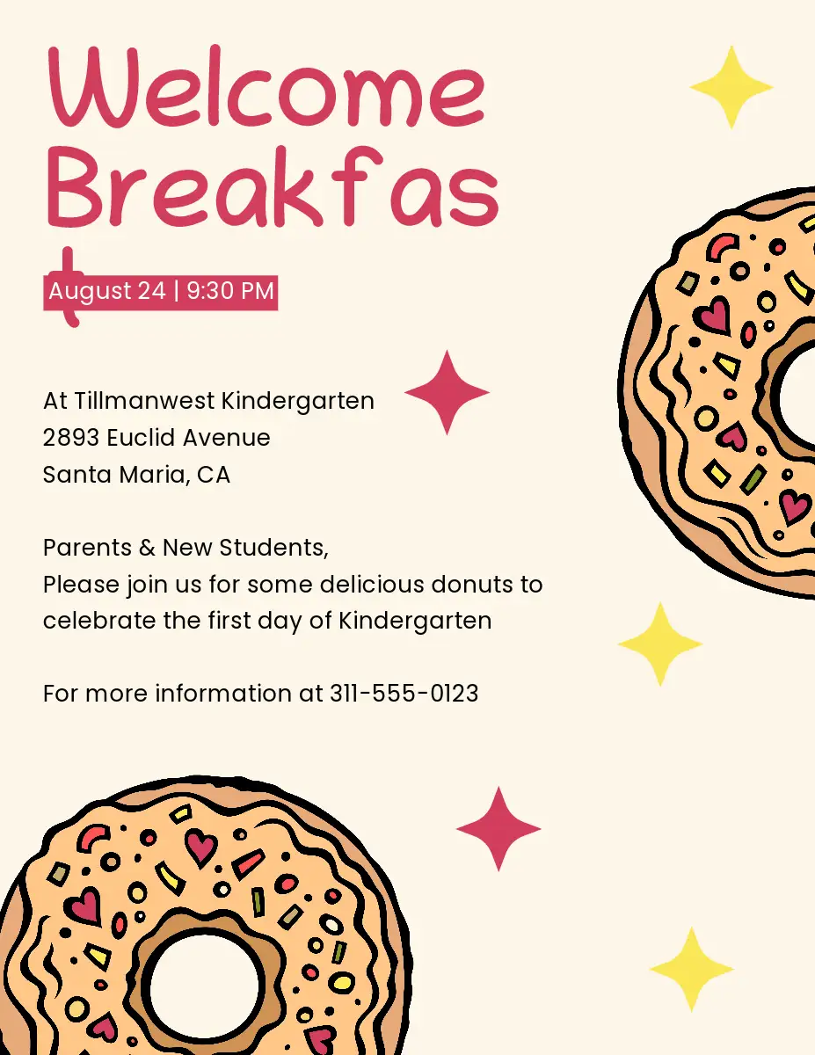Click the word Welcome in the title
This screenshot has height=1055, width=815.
click(x=266, y=86)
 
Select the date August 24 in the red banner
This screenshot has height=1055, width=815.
click(x=107, y=291)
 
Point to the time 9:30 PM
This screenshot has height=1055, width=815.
click(x=230, y=290)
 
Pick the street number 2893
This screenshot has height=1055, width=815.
click(x=71, y=438)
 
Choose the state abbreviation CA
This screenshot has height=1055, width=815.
click(x=214, y=475)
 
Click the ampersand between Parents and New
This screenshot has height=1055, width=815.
click(x=147, y=548)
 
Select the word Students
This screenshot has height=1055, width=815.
click(x=273, y=548)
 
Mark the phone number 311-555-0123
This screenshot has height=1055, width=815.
click(x=404, y=694)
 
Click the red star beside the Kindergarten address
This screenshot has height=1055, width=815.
click(x=447, y=392)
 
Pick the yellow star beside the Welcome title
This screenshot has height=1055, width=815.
click(x=731, y=87)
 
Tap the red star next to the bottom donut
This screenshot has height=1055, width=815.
click(x=498, y=829)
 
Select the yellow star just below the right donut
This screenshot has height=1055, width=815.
click(x=660, y=644)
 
